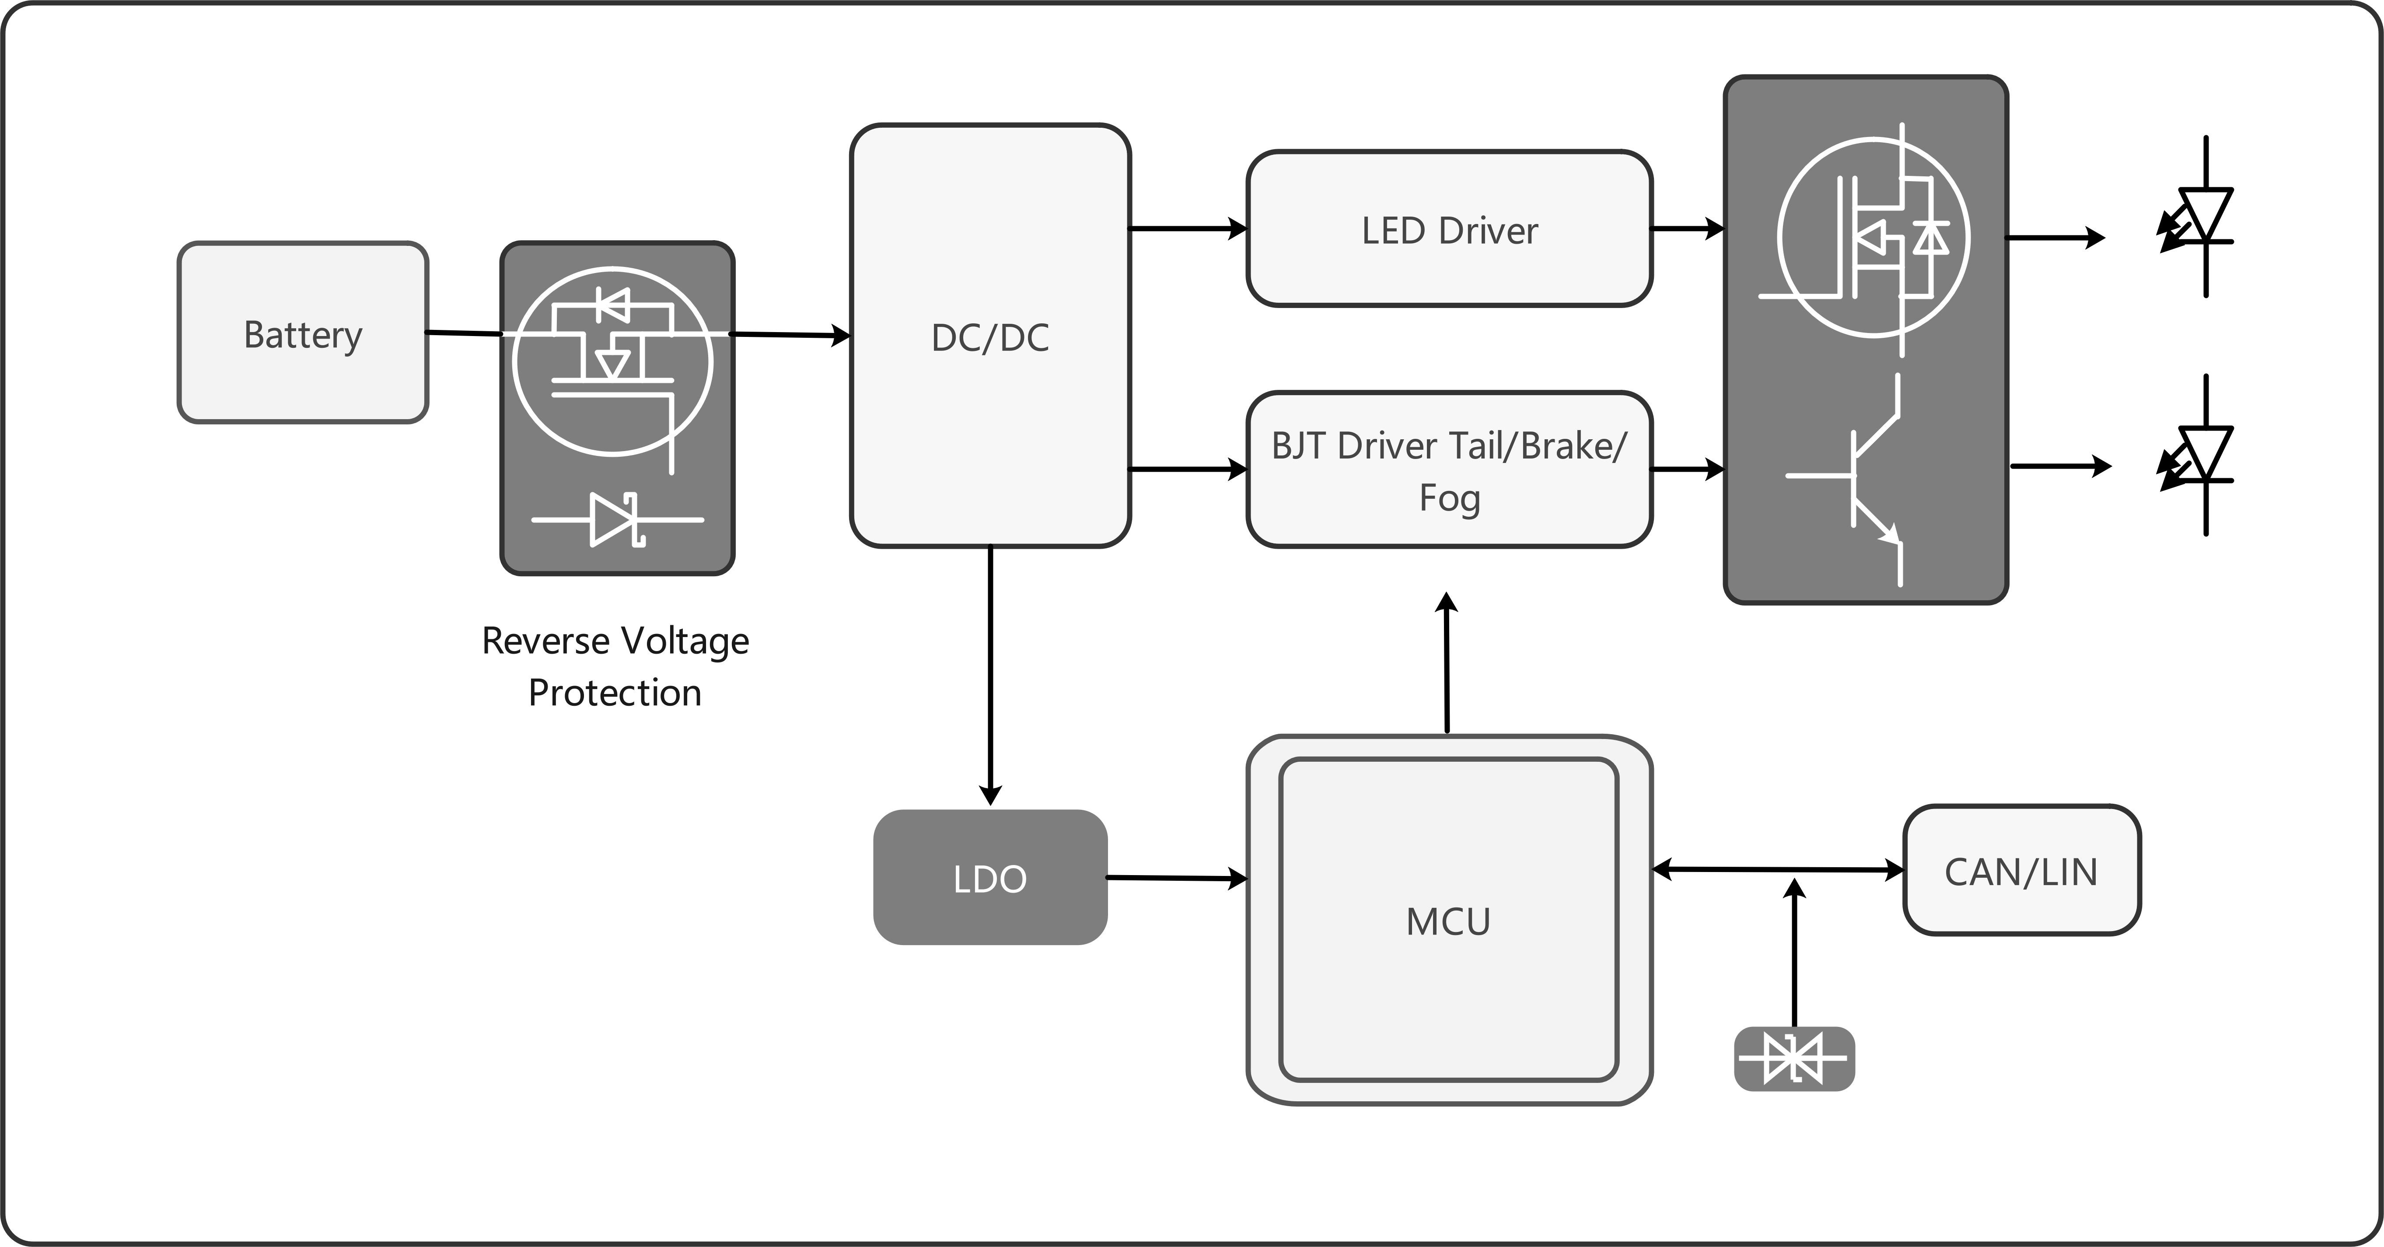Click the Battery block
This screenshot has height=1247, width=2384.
coord(303,333)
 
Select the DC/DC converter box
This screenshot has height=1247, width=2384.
coord(990,335)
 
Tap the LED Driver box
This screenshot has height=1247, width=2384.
coord(1449,229)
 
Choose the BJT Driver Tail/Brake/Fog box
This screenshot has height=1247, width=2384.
coord(1449,470)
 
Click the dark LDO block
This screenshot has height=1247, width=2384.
coord(990,878)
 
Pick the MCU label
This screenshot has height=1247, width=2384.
coord(1448,922)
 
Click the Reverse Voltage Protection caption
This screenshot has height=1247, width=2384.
coord(615,666)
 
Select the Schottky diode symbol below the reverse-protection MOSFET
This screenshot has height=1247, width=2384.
coord(617,519)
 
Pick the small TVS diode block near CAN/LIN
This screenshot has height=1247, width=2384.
coord(1793,1058)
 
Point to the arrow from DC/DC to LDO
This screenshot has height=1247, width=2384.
coord(990,676)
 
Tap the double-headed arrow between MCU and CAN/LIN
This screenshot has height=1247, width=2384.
coord(1778,869)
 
